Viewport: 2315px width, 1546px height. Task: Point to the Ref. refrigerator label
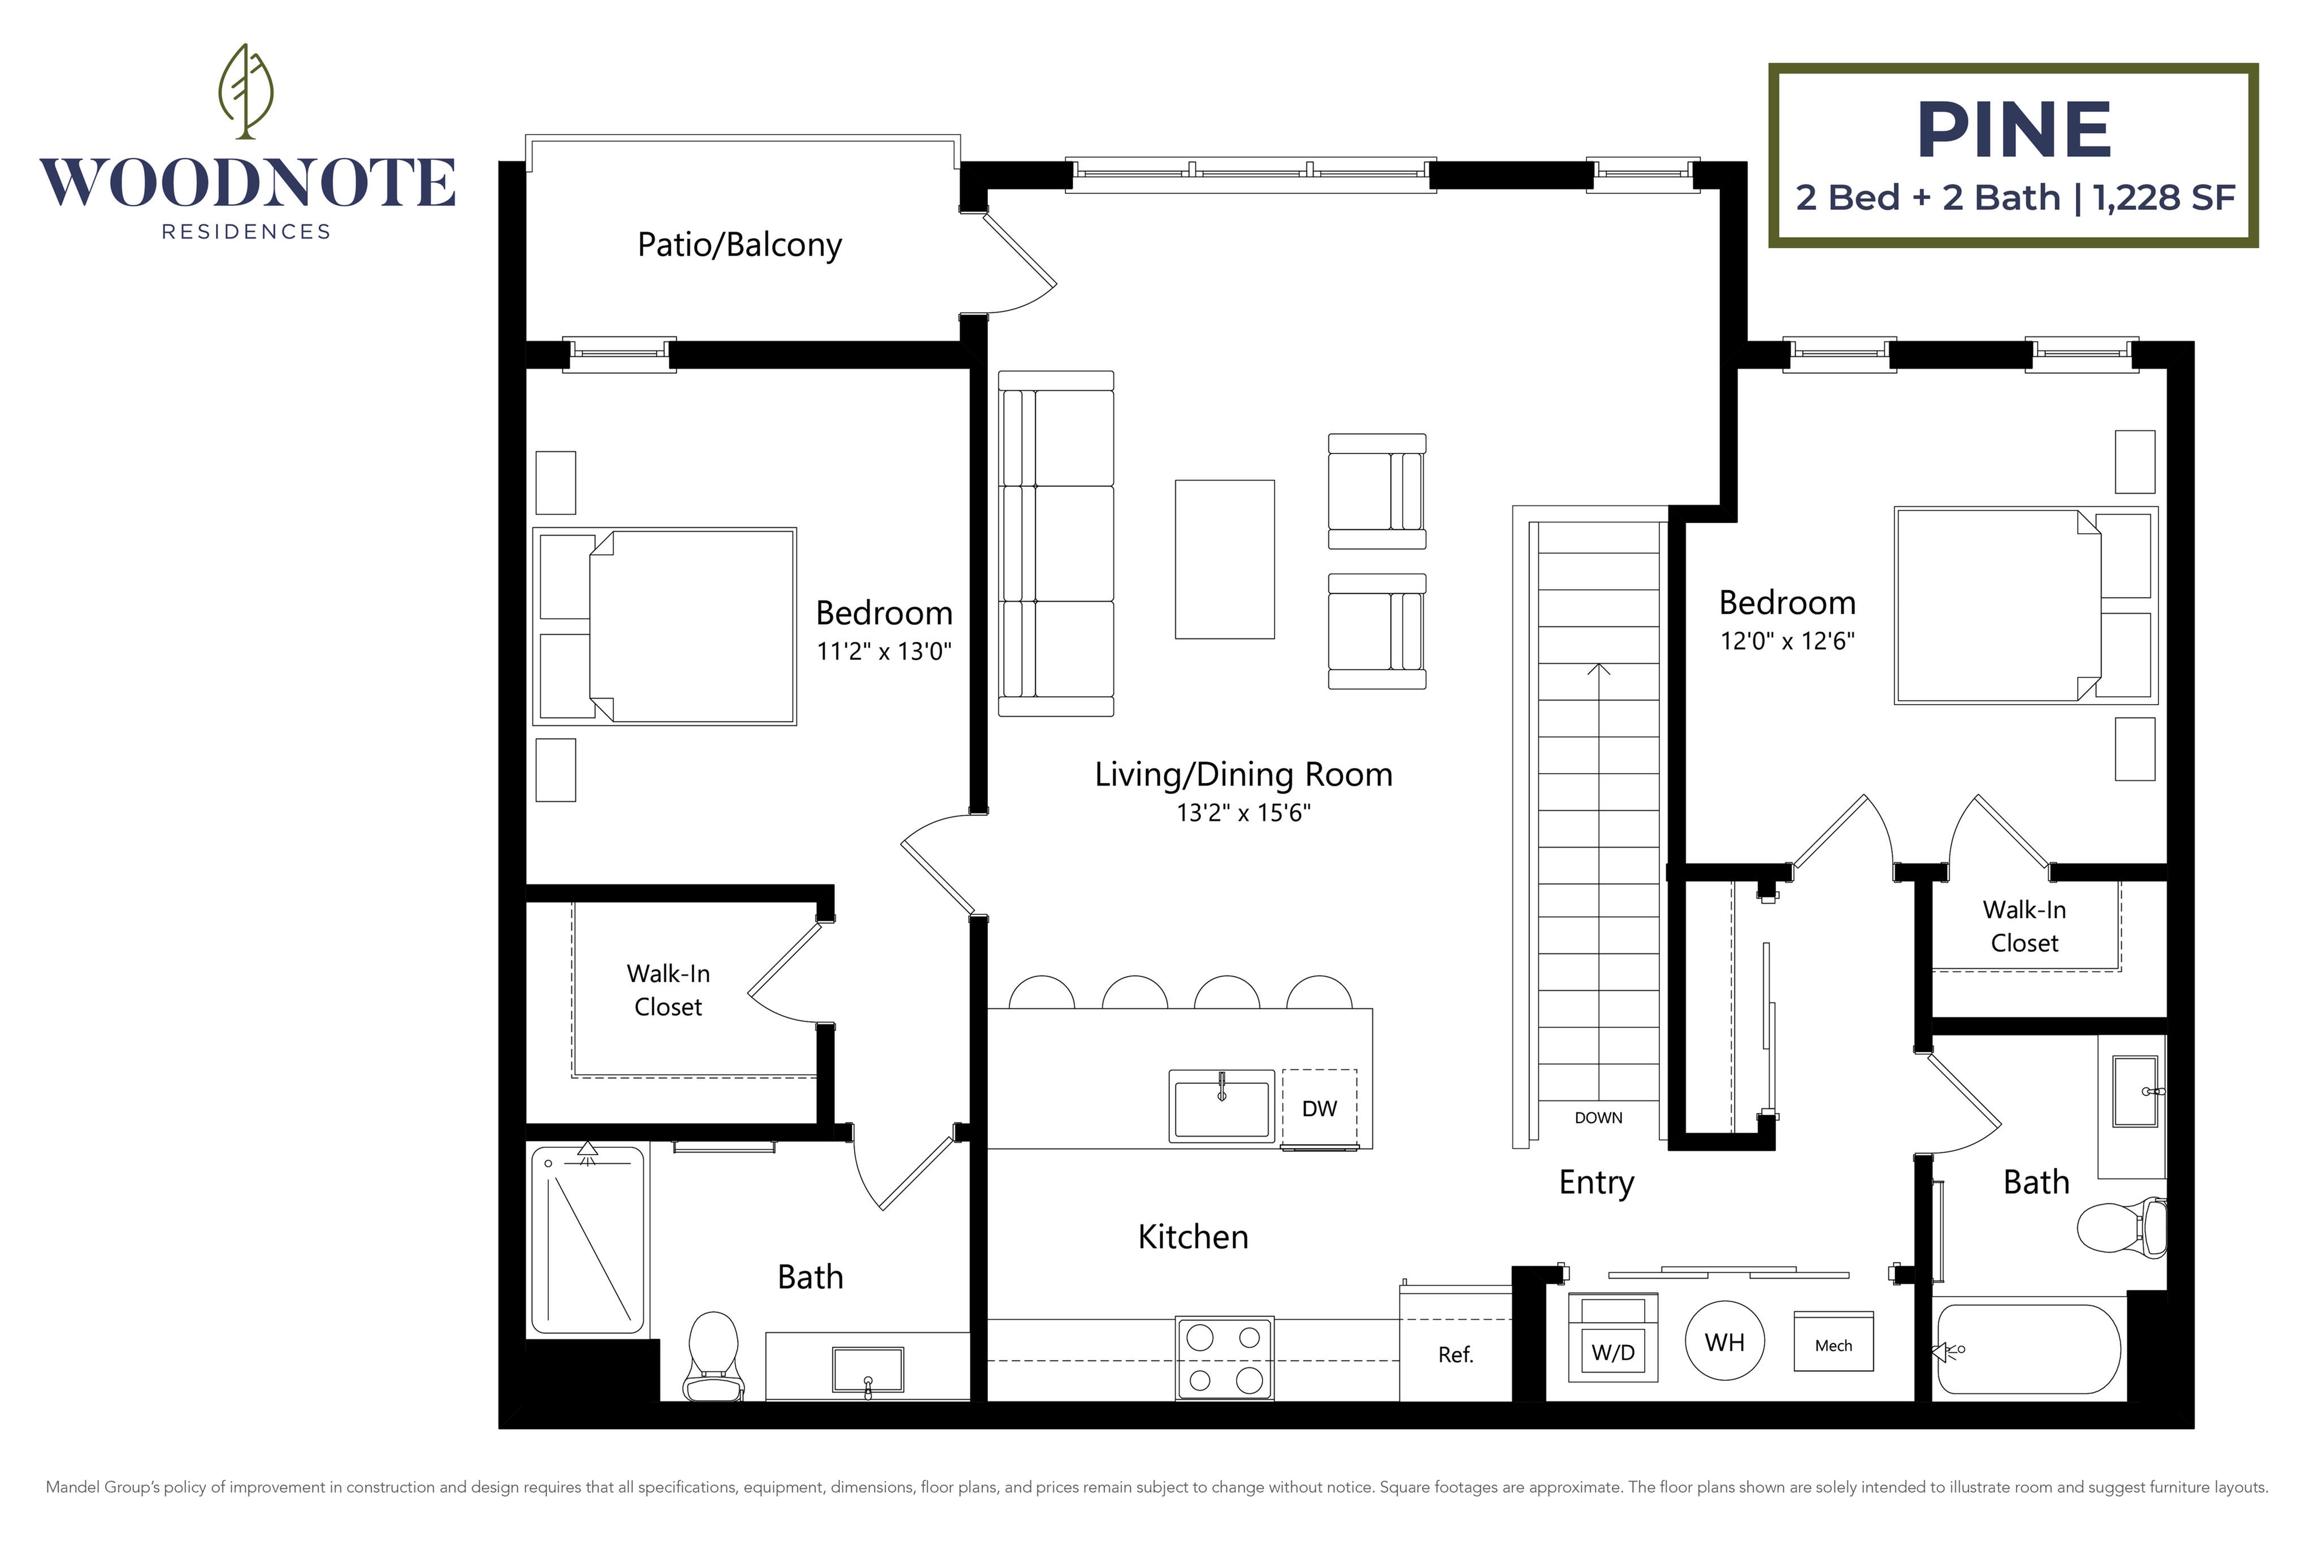pyautogui.click(x=1455, y=1355)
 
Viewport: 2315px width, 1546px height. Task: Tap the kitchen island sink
pyautogui.click(x=1221, y=1106)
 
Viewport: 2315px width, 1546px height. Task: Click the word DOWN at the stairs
pyautogui.click(x=1598, y=1117)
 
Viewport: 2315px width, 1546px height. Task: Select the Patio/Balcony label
pyautogui.click(x=739, y=244)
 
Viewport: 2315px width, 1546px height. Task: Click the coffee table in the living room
pyautogui.click(x=1224, y=559)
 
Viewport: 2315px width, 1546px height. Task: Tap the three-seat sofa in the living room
pyautogui.click(x=1056, y=543)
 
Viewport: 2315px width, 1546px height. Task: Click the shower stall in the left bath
pyautogui.click(x=587, y=1240)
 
